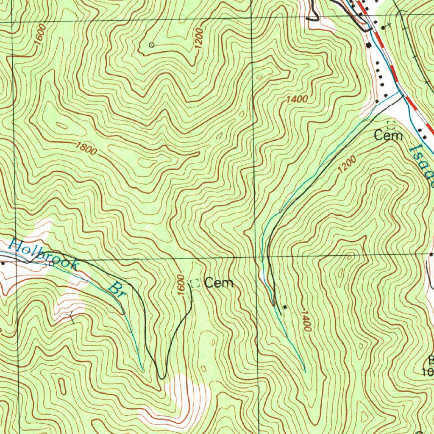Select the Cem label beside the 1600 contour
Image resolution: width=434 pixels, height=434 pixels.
[219, 283]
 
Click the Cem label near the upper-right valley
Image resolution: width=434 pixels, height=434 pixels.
[388, 136]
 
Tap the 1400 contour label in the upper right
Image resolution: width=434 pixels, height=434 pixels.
[297, 99]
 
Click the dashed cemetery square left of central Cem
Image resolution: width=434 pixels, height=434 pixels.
[195, 284]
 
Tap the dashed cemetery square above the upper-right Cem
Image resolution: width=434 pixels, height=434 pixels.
[391, 125]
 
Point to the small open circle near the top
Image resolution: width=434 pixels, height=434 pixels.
[151, 45]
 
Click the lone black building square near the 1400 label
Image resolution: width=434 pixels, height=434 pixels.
[285, 307]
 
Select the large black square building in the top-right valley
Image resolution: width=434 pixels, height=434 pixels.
[369, 45]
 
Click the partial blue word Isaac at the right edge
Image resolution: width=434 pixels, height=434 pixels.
[423, 165]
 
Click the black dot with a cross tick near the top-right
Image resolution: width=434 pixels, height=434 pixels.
[383, 27]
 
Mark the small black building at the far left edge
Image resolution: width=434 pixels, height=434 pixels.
[3, 263]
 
